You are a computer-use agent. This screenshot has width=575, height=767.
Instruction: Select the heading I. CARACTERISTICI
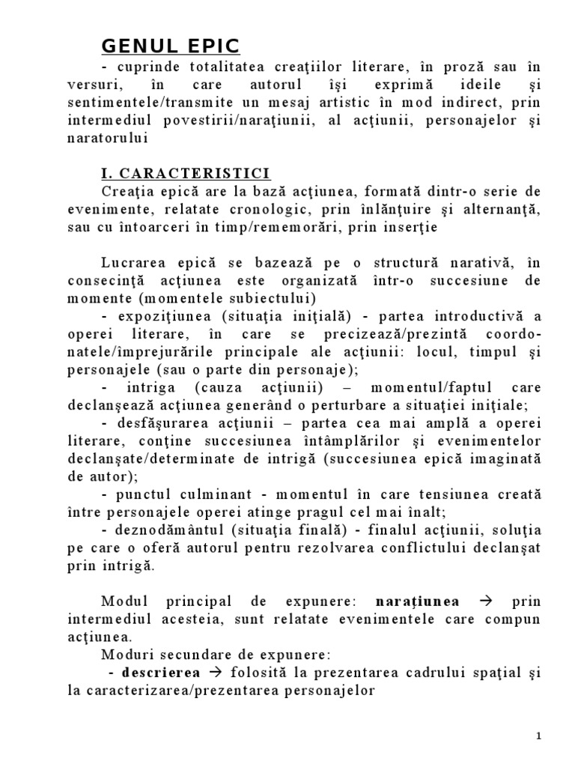click(186, 175)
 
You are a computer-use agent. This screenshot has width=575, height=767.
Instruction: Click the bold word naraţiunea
click(418, 601)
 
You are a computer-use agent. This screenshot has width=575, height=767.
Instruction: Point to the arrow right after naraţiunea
click(484, 601)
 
